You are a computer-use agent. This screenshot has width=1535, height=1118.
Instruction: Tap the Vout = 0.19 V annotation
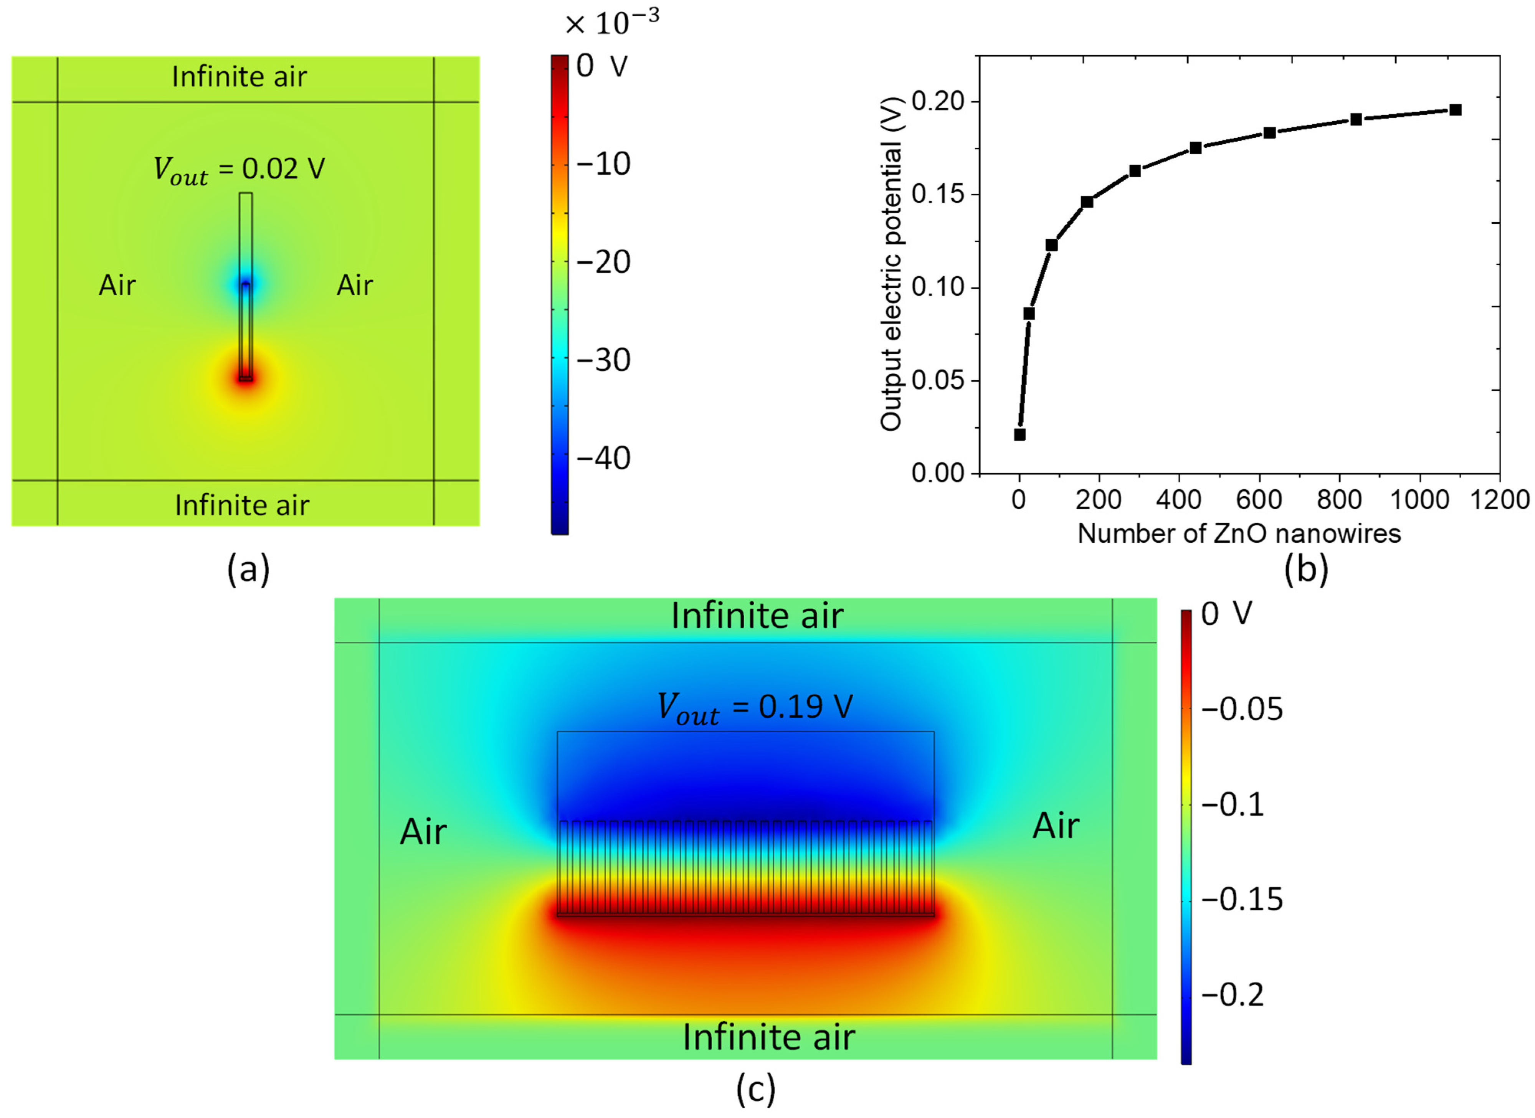[x=755, y=708]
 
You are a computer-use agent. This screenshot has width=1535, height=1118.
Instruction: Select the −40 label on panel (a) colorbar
[x=602, y=458]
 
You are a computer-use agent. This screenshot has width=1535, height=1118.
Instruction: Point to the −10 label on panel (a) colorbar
[x=602, y=164]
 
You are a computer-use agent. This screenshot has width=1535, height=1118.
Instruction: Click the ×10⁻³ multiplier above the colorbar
[x=611, y=24]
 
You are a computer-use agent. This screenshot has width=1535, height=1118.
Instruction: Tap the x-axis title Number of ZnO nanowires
[x=1239, y=534]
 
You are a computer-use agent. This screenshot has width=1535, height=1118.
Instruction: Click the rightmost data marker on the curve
[x=1455, y=110]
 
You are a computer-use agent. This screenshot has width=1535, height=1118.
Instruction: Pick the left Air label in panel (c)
[x=423, y=832]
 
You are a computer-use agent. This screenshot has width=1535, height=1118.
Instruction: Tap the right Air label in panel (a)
[x=355, y=286]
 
